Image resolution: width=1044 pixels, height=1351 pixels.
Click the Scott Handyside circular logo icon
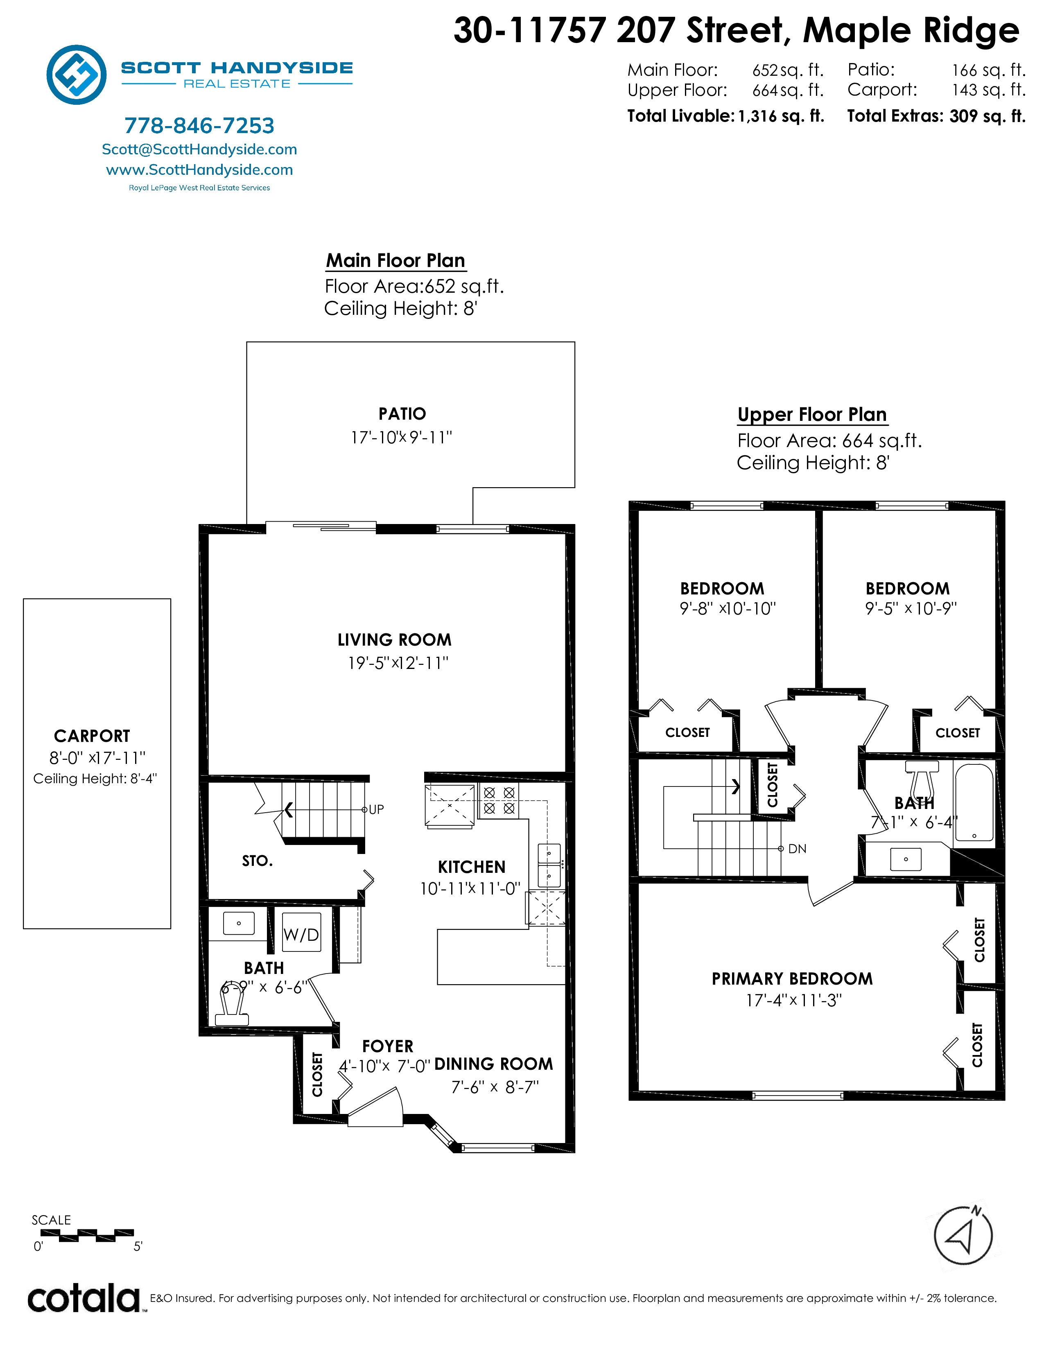[77, 74]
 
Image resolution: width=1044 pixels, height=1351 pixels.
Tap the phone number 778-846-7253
[199, 126]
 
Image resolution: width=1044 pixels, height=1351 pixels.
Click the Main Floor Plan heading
[396, 260]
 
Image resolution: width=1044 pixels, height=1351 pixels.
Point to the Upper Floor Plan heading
[812, 414]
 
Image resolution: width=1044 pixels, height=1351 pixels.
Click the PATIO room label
[402, 414]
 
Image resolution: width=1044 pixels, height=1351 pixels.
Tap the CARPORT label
[92, 736]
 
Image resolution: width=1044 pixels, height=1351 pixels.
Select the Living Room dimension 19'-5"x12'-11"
[398, 663]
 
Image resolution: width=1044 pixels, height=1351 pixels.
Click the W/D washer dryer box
[301, 934]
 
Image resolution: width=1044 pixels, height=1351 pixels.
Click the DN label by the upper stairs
[797, 849]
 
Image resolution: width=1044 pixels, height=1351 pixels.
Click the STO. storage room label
[257, 861]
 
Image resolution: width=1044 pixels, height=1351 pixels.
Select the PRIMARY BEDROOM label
[792, 978]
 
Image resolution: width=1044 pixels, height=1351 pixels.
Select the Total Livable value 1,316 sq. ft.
[781, 116]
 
